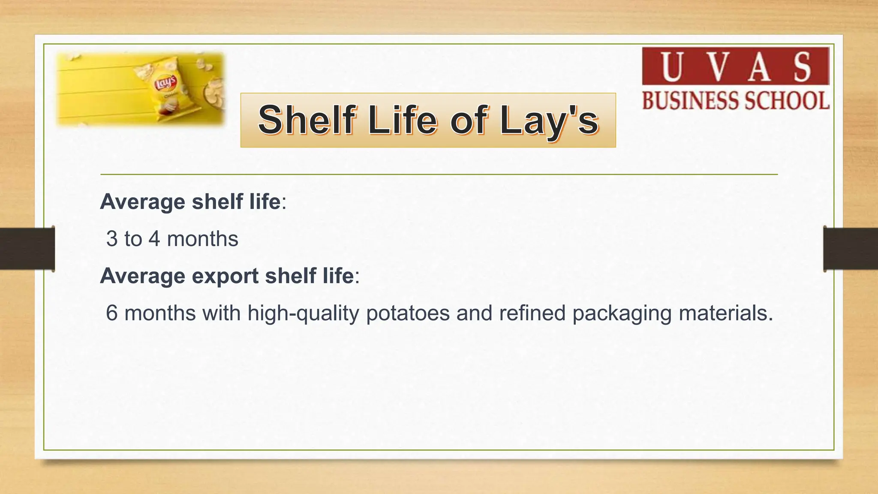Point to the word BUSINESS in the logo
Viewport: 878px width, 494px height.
(689, 101)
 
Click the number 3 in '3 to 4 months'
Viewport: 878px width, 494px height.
(112, 239)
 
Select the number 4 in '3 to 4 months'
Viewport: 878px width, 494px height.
(154, 239)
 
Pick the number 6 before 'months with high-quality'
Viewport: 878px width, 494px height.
(111, 313)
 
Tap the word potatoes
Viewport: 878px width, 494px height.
(408, 313)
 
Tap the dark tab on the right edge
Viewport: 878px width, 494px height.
(851, 249)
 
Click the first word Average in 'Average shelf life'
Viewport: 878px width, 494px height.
(142, 202)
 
